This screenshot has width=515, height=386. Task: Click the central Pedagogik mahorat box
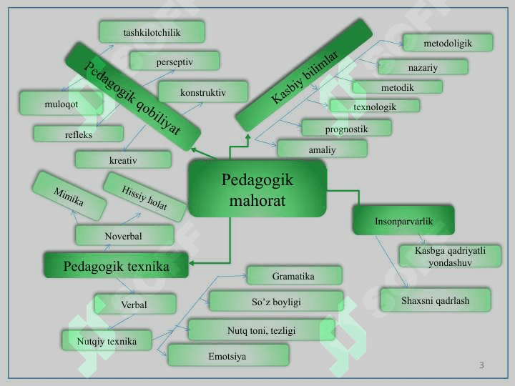(x=257, y=189)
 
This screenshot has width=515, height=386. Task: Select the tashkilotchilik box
(x=152, y=32)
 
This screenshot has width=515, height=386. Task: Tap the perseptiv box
(x=175, y=61)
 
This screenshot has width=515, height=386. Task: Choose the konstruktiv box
(x=203, y=92)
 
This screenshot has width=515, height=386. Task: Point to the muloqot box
(x=61, y=104)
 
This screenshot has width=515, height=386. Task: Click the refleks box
(x=79, y=134)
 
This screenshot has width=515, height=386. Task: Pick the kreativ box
(x=123, y=160)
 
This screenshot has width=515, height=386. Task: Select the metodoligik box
(x=448, y=43)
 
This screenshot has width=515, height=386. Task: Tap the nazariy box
(x=423, y=67)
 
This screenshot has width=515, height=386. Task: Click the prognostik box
(x=346, y=129)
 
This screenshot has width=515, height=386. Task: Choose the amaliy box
(x=322, y=149)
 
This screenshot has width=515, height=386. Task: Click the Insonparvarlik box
(x=403, y=221)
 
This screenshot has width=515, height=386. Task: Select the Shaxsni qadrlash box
(x=436, y=300)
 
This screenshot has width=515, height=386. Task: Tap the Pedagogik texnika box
(x=117, y=265)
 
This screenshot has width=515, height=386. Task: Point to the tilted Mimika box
(x=69, y=196)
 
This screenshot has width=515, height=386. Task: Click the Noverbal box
(x=124, y=235)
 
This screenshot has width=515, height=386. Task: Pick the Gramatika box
(x=294, y=276)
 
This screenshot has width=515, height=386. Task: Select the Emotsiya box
(x=228, y=355)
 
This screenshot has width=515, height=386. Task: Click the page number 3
(x=481, y=365)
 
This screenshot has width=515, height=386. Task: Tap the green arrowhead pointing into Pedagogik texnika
(x=192, y=263)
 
